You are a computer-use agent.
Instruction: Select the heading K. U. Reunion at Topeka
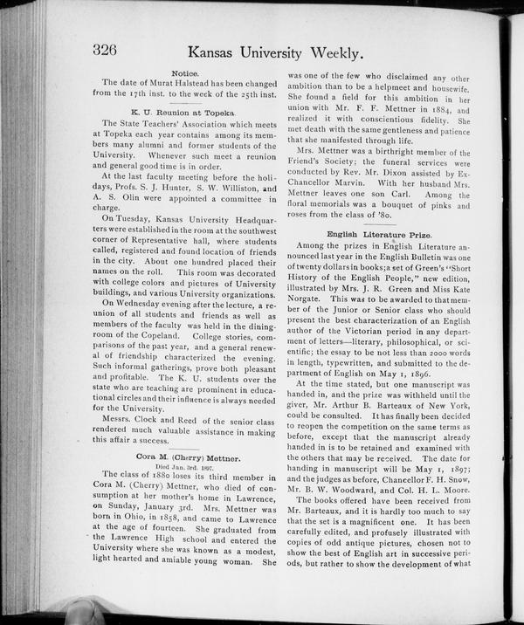(x=184, y=113)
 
